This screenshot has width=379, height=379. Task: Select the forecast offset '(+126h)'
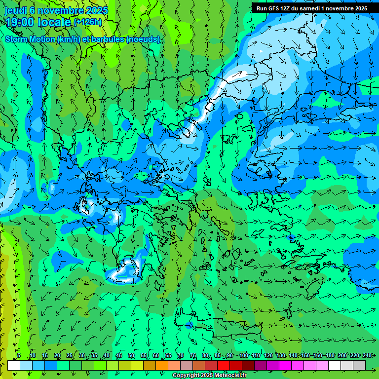(x=88, y=22)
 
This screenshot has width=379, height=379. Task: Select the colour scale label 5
(x=19, y=355)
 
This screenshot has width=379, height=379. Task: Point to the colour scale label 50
(x=131, y=355)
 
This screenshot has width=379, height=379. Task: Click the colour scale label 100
(x=243, y=355)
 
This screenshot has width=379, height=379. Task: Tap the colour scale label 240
(x=366, y=355)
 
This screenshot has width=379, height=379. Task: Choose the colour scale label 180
(x=330, y=355)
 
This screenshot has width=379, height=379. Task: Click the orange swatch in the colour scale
(x=150, y=365)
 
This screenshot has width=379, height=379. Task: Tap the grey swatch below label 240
(x=359, y=365)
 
